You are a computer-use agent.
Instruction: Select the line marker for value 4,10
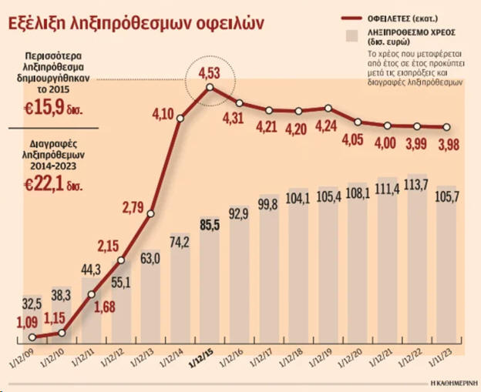click(x=180, y=118)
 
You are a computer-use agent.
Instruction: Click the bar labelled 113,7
click(x=417, y=262)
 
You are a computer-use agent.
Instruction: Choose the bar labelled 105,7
click(x=447, y=266)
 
